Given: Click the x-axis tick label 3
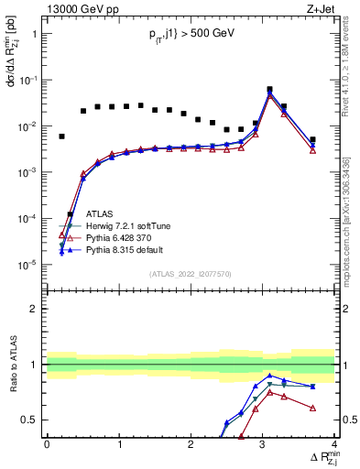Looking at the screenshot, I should tap(263, 444).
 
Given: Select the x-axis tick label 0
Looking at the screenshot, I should tap(47, 444).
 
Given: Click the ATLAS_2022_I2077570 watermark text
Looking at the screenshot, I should tap(191, 273).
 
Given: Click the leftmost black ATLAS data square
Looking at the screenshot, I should tap(61, 136).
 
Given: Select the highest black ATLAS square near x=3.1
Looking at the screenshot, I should tap(269, 90).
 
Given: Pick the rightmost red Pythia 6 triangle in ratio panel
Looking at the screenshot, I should tap(313, 408).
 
